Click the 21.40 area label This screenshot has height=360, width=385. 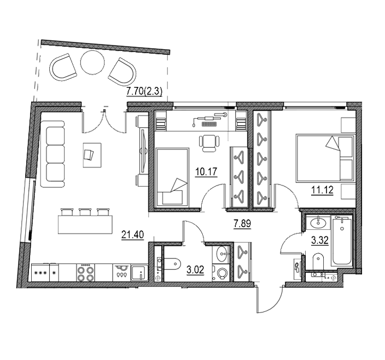pos(132,235)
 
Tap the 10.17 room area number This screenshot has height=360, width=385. pos(206,172)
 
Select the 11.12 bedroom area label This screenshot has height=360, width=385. pos(322,190)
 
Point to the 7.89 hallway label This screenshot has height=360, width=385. pos(242,224)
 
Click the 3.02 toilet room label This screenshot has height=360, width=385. pos(195,270)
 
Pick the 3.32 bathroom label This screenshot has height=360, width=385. pos(320,241)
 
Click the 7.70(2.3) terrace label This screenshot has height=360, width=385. pos(144,92)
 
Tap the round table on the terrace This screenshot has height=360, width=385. pos(92,62)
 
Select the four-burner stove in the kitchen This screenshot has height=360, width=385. pos(85,272)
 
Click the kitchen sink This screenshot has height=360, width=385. pos(139,272)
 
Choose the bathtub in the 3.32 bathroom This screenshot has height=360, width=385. pos(342,241)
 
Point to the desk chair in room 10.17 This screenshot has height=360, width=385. pos(209,144)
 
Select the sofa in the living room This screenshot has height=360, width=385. pos(52,154)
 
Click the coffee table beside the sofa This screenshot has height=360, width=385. pos(92,155)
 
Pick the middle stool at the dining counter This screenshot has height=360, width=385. pos(85,212)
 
